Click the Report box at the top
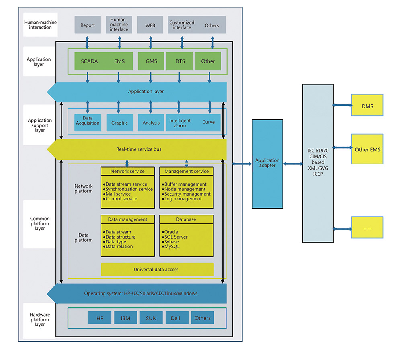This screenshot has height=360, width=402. pos(88,25)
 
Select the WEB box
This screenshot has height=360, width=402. pos(150,25)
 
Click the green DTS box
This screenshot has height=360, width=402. pos(179,61)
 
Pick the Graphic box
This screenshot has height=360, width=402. pos(119,123)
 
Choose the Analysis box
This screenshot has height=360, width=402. pos(151,123)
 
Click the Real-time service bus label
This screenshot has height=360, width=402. pos(139,149)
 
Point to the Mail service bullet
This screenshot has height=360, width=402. pos(118,194)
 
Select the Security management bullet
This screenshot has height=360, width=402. pos(187,194)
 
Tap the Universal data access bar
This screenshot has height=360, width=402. pos(157,269)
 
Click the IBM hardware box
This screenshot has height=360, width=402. pos(125,318)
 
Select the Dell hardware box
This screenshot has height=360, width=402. pos(175,318)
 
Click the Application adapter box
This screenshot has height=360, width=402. pos(267,163)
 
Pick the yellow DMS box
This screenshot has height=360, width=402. pos(367,106)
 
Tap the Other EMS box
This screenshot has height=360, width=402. pos(367,149)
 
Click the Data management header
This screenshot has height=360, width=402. pos(127,219)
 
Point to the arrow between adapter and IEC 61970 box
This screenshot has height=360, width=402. pos(293,164)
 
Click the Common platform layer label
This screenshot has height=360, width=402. pos(40,224)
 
